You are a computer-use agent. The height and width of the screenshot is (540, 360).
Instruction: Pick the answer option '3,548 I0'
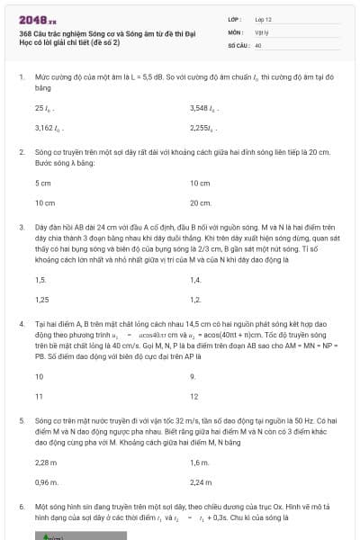204,108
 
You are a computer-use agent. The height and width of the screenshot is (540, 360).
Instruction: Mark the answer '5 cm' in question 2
42,183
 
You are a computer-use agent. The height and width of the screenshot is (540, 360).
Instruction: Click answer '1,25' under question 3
41,300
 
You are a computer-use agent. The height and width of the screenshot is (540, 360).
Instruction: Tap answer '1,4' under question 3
195,280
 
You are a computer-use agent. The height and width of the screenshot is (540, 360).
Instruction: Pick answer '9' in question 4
193,376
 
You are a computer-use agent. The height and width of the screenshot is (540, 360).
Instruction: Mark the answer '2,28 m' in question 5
45,462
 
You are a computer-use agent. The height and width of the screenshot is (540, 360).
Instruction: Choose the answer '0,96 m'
45,481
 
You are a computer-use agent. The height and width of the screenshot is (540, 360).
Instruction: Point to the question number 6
22,507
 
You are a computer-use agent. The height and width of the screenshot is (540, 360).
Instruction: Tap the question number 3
22,229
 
